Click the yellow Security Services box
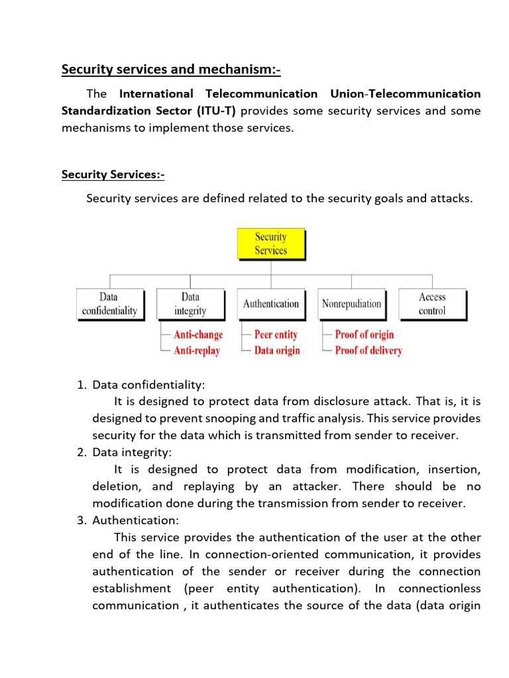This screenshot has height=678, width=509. click(271, 244)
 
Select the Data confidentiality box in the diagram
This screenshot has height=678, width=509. click(109, 304)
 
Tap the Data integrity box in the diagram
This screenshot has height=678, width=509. click(190, 304)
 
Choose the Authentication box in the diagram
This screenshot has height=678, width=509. click(270, 304)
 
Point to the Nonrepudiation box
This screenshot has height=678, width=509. click(351, 304)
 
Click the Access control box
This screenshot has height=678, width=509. click(432, 304)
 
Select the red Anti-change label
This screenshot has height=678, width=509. click(198, 335)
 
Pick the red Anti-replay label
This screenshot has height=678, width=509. click(196, 351)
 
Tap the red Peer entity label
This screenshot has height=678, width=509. click(276, 335)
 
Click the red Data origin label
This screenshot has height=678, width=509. click(277, 351)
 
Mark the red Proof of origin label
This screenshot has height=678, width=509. click(364, 335)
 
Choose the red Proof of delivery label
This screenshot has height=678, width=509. click(368, 351)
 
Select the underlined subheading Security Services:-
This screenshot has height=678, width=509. click(113, 175)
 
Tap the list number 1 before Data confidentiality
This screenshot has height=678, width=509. click(81, 384)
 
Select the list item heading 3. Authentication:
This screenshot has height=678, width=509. click(135, 520)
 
